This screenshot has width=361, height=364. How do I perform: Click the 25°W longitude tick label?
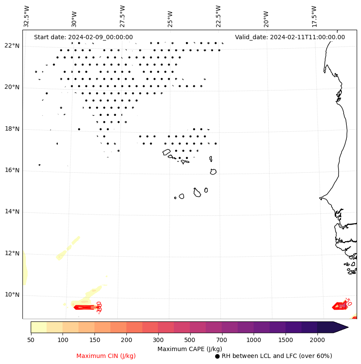pos(170,16)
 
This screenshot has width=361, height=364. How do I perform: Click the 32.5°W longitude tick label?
pos(27,16)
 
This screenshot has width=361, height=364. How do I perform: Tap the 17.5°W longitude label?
pos(314,16)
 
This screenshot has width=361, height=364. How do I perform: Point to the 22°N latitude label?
pos(12,46)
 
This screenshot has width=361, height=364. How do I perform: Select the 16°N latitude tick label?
pos(12,170)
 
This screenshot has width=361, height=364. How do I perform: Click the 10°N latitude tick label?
pos(12,295)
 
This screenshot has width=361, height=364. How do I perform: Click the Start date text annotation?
pos(83,37)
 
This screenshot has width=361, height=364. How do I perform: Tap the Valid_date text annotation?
pos(290,37)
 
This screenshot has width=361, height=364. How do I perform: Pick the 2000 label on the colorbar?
pos(317,340)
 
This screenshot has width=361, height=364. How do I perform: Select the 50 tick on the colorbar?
pos(31,340)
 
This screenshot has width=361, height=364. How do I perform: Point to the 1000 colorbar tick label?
pos(254,340)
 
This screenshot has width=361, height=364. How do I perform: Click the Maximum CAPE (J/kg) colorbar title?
pos(189,348)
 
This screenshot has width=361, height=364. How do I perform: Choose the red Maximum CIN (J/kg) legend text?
pos(106,356)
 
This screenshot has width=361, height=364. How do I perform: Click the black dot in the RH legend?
pos(217,356)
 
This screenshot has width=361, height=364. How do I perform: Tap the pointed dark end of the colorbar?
pos(341,327)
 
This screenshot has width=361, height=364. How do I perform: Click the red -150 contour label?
pos(99,307)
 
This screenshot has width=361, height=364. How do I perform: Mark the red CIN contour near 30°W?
pos(85,308)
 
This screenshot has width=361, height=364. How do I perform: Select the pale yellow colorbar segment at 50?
pos(38,327)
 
